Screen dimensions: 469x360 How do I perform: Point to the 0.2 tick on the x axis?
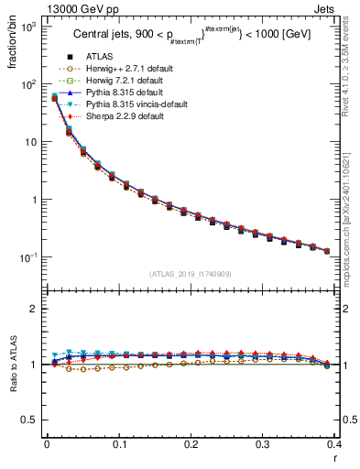(x=191, y=443)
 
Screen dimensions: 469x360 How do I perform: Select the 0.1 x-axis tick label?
(x=118, y=443)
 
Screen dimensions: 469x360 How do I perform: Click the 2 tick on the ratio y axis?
(x=37, y=310)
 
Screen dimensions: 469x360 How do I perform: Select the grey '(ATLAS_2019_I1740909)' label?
(x=190, y=274)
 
